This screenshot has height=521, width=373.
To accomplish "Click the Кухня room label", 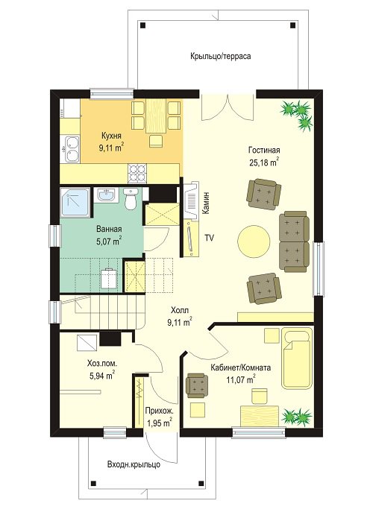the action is coord(111,136).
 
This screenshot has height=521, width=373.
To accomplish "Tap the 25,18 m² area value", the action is coord(263,162).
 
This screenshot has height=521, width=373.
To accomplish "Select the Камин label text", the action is coord(207,203).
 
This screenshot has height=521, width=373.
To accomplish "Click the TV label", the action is coord(209,238).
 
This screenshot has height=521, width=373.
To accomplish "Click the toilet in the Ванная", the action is coord(129,199).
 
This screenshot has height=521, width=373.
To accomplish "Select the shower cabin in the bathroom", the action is coord(75,203).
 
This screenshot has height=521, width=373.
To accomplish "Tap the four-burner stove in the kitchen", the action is coord(137,174).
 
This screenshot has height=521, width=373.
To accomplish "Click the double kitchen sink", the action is coord(72,149).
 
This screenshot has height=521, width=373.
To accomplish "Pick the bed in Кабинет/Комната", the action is coord(298,359).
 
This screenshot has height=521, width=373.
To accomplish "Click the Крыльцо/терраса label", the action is coord(220,56).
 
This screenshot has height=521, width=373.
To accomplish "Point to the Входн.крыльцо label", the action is coord(134,464).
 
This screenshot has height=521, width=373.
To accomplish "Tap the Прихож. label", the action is coord(159,411).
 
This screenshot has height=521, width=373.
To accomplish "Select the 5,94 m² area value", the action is coord(102,376).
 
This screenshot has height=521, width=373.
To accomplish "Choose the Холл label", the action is coord(180,311).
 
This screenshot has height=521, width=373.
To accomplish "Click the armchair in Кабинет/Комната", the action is coord(197,385).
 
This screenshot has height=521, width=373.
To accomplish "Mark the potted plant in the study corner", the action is coord(297,417).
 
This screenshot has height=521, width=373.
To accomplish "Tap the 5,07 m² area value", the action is coord(109,241).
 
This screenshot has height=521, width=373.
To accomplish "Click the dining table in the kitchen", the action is coord(156,116).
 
